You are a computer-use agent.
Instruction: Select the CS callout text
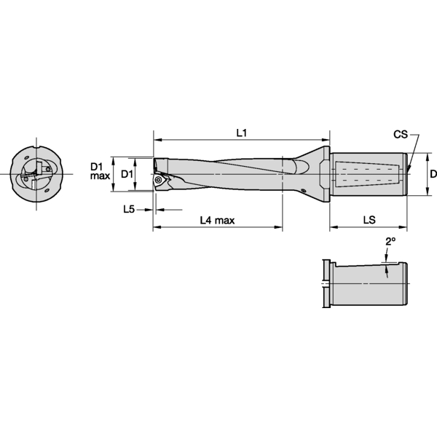(x=401, y=135)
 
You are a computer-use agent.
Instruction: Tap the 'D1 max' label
(x=100, y=171)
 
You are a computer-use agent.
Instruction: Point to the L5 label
(x=128, y=209)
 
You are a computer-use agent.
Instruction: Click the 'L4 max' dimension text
(x=217, y=221)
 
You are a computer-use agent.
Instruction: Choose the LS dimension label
(x=369, y=220)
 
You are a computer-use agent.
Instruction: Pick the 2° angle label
(x=390, y=241)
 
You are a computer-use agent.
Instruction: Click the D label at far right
(x=433, y=174)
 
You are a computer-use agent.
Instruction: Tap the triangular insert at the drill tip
(x=159, y=179)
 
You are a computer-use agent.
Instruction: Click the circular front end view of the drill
(x=36, y=174)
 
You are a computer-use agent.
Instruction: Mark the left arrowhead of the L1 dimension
(x=156, y=140)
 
